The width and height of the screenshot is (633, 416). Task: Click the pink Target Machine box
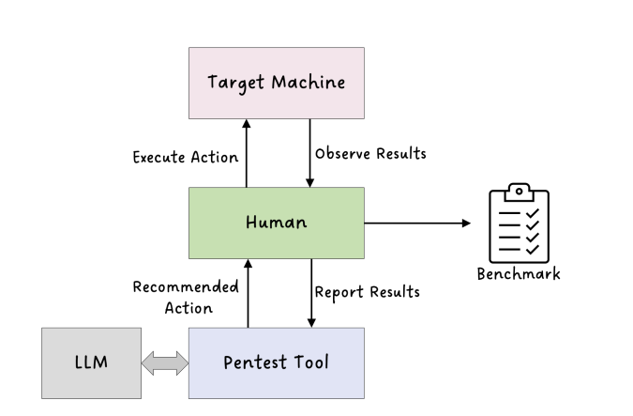pos(276,83)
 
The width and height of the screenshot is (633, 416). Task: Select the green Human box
pos(276,223)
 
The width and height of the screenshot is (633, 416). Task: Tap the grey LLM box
pos(91,362)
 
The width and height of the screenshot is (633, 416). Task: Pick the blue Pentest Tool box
pos(276,362)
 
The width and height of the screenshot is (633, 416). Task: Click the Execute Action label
pos(186,157)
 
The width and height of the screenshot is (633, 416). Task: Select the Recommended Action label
pos(186,297)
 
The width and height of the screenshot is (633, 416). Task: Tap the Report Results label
pos(368,292)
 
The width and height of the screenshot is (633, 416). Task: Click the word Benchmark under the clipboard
pos(519,274)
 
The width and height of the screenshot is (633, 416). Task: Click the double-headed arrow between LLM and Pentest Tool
pos(165,363)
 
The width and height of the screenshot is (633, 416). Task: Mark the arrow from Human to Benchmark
pos(417,223)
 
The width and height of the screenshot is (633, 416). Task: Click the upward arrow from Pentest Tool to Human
pos(247,293)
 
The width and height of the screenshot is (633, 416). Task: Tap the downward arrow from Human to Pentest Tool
pos(309,293)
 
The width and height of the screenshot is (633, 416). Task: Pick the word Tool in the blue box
pos(310,362)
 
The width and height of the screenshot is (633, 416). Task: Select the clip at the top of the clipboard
pos(519,190)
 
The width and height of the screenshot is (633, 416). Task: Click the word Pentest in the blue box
pos(255,362)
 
